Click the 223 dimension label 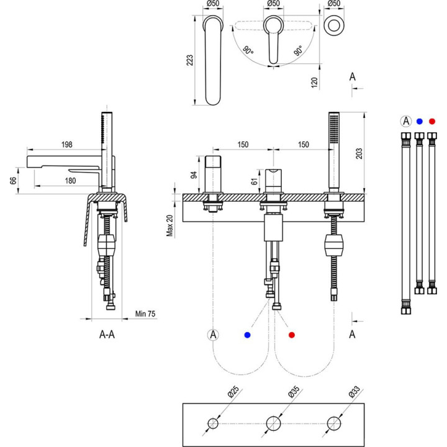190,60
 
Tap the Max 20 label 170,225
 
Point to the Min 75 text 146,314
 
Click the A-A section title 107,335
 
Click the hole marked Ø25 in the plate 213,424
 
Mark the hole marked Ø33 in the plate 335,424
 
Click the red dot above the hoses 432,121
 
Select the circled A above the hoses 406,121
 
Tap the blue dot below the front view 248,335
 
